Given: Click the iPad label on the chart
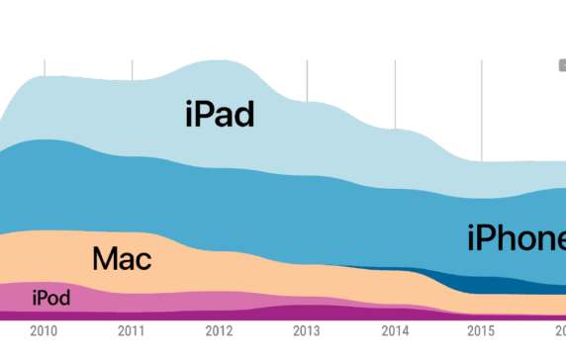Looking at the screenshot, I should (x=220, y=114).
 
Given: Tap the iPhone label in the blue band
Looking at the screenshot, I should (x=516, y=238).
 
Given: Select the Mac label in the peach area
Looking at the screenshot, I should (x=122, y=259).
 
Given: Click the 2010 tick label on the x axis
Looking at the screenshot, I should (x=45, y=330).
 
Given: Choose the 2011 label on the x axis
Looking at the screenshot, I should (x=132, y=330).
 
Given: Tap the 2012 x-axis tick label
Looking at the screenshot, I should (x=219, y=330).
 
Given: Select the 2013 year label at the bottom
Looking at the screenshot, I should (x=306, y=330).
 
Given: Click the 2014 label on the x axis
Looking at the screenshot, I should (x=394, y=330).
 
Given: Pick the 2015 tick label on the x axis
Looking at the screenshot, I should (x=481, y=330).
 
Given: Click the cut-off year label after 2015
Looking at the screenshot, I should (x=560, y=330).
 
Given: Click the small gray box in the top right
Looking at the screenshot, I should (x=561, y=65).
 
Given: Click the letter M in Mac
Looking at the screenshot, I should (x=104, y=259).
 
